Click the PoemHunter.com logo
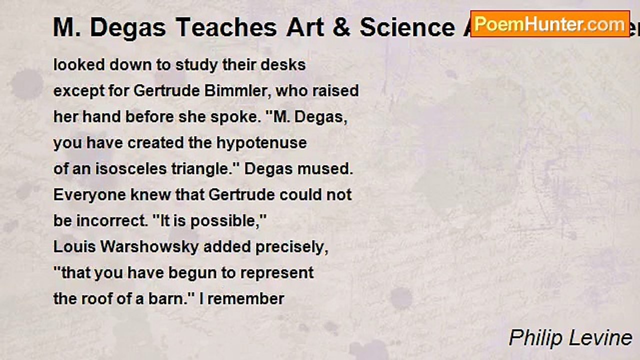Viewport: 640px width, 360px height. [x=550, y=24]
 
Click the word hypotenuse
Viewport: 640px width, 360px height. [x=261, y=143]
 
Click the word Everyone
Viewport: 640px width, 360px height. [x=87, y=195]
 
